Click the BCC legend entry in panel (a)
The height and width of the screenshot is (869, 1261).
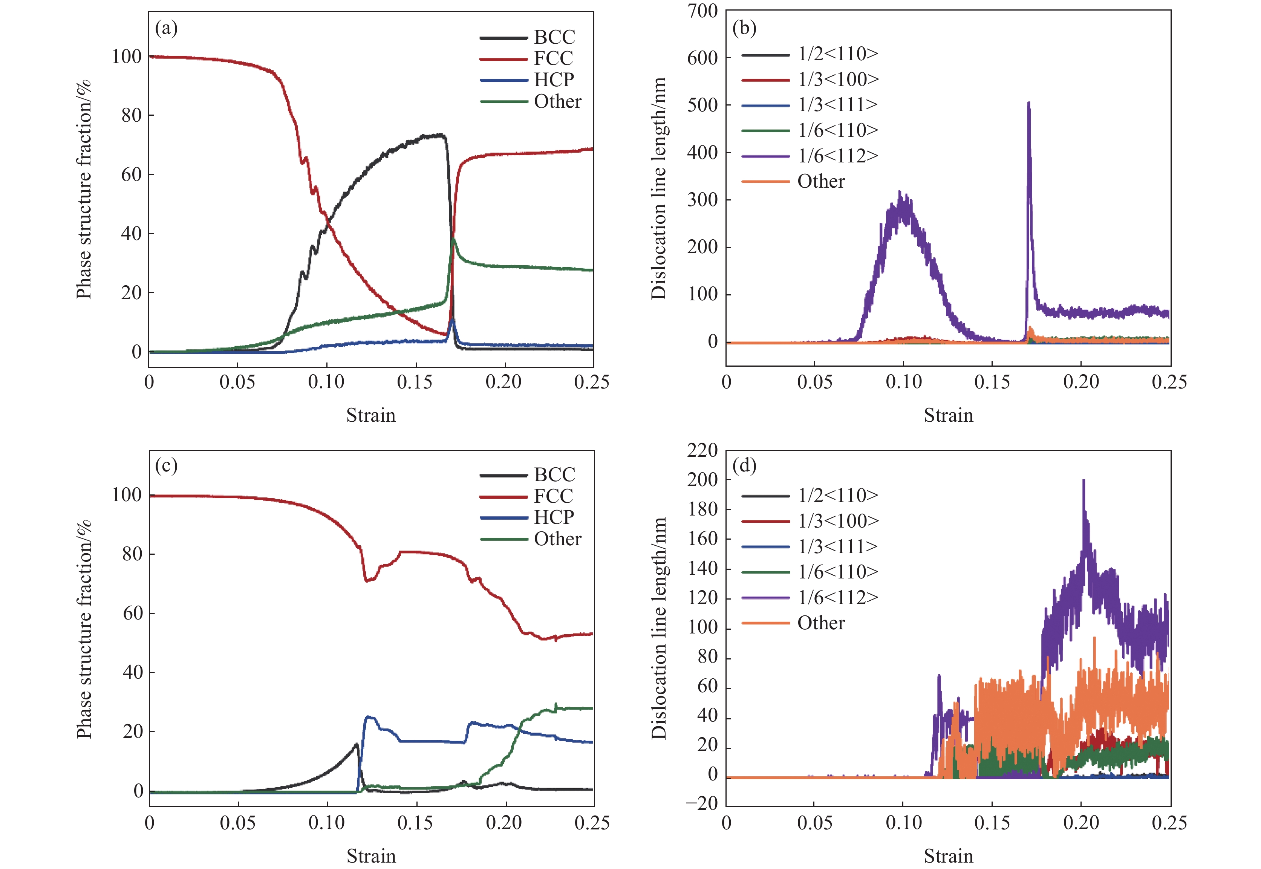(x=527, y=37)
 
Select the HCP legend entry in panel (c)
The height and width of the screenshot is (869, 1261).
(x=527, y=517)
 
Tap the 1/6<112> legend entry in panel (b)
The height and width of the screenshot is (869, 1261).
(x=810, y=156)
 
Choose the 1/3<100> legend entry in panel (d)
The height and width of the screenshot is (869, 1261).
(x=810, y=521)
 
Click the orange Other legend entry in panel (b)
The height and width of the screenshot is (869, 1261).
(x=793, y=181)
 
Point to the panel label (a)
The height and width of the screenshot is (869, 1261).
(x=166, y=28)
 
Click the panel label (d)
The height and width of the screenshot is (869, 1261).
(x=744, y=466)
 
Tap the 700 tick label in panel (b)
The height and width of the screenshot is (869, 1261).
(x=702, y=11)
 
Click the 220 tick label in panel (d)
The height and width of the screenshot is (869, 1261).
(x=702, y=450)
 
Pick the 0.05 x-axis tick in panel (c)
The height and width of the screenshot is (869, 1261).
(x=238, y=823)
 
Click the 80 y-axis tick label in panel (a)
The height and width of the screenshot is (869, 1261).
(x=131, y=115)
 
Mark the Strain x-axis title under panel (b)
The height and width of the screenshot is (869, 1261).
(x=949, y=415)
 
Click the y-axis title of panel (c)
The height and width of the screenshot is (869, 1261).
(x=83, y=629)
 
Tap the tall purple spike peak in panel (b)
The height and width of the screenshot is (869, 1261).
(x=1028, y=103)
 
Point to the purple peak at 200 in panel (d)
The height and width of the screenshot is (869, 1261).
(x=1083, y=480)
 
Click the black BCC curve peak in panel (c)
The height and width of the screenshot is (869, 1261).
(x=357, y=744)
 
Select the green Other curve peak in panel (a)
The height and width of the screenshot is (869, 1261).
(x=453, y=239)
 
